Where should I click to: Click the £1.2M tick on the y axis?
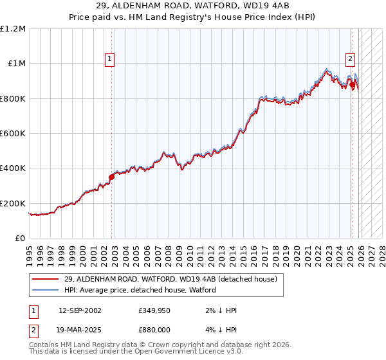point(14,29)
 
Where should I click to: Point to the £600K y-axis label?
point(13,134)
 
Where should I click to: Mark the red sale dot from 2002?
point(111,176)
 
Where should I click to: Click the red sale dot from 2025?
point(353,84)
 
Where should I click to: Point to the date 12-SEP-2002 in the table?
point(80,310)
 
